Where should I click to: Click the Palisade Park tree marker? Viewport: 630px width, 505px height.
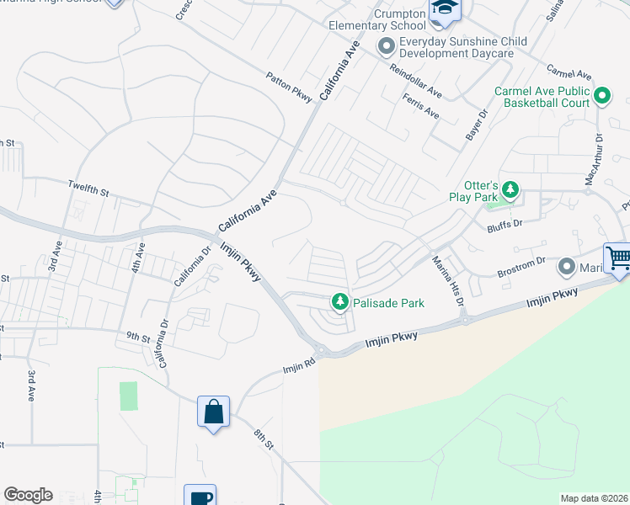(339, 300)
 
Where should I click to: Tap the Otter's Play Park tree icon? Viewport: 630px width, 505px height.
(510, 189)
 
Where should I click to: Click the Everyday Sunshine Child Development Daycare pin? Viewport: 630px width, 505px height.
(387, 45)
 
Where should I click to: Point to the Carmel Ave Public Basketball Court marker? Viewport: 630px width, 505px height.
(601, 95)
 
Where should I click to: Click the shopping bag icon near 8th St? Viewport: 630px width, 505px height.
(213, 412)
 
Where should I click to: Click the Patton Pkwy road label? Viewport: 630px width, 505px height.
(290, 87)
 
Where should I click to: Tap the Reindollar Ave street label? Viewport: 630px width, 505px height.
(414, 78)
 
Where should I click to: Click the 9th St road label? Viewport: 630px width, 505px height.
(137, 336)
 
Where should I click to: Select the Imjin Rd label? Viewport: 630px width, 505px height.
(297, 369)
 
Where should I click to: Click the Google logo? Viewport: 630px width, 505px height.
(28, 495)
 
